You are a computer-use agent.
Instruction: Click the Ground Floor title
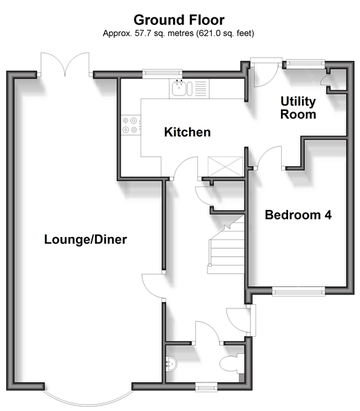179,20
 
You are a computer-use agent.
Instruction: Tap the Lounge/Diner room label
86,240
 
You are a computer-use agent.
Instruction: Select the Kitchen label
188,132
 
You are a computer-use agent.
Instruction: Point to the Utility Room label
298,107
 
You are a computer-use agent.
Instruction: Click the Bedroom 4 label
298,215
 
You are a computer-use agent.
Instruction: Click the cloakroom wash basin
172,364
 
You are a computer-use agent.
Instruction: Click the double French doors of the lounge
64,64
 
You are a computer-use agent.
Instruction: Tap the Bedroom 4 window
298,291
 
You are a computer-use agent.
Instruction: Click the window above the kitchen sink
162,73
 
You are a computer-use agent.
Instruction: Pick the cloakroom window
206,387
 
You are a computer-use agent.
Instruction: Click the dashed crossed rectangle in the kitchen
226,166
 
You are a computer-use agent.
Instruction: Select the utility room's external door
265,72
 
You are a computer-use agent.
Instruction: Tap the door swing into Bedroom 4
270,157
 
